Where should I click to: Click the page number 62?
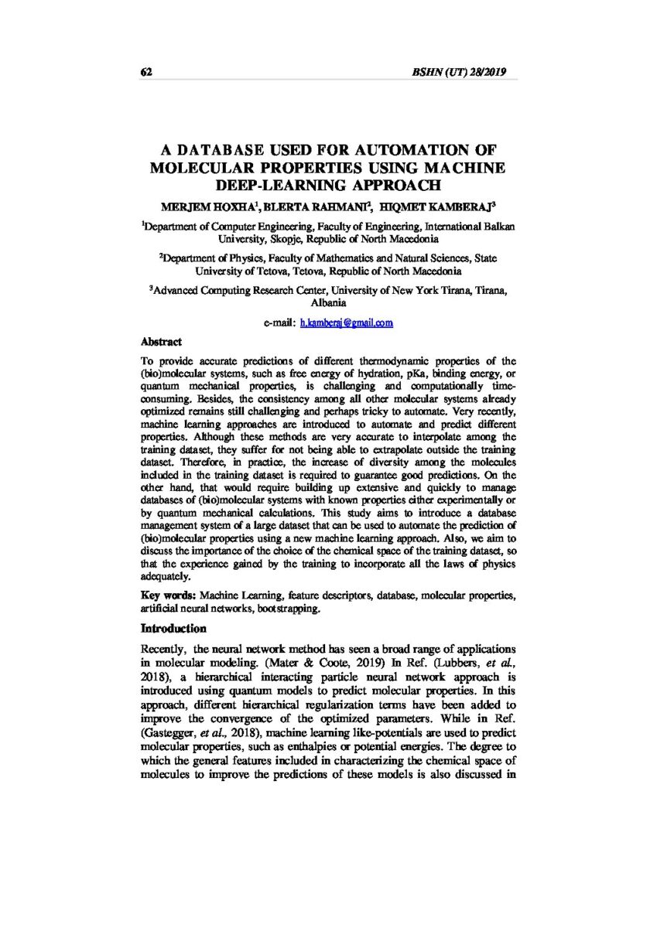145,72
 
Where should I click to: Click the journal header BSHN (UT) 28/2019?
460,72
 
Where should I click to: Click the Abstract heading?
161,341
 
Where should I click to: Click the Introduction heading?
173,629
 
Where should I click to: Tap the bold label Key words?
169,595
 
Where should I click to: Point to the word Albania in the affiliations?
328,303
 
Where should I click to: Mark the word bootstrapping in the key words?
289,609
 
